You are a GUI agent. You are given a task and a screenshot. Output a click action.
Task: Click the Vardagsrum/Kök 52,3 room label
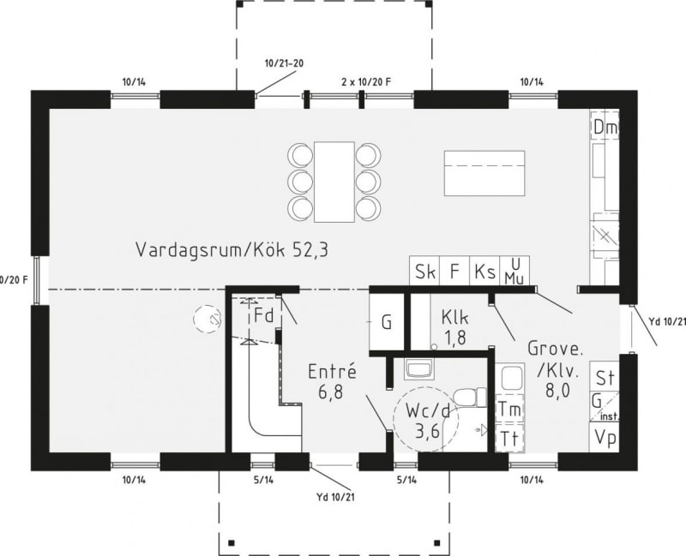pos(232,249)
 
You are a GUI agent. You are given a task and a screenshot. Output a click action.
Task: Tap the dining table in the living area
pos(334,182)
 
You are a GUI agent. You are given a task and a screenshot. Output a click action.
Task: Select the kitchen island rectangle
pos(484,173)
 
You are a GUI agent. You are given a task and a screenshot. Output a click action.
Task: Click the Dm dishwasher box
pos(605,127)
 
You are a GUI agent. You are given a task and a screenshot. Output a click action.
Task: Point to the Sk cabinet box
pos(424,272)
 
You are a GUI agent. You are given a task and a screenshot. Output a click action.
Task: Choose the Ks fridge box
pos(484,272)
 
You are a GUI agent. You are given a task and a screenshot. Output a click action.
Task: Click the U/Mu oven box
pos(514,272)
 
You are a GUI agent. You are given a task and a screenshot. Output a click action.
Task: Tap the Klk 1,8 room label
pos(455,326)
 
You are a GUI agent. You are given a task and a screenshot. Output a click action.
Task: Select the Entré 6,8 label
pos(332,381)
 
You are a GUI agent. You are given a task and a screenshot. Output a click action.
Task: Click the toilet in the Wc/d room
pos(470,398)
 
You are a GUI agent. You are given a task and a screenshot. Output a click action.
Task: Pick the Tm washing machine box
pos(510,409)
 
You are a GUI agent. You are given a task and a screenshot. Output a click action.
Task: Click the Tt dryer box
pos(510,438)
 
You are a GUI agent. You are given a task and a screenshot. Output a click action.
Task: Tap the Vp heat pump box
pos(605,437)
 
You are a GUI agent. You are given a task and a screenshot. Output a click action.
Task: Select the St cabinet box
pos(605,376)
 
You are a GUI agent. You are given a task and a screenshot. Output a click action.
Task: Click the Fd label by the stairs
pos(263,314)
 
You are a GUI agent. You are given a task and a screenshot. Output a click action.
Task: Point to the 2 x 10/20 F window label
pos(366,81)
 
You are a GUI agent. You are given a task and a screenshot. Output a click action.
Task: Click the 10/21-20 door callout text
pos(284,63)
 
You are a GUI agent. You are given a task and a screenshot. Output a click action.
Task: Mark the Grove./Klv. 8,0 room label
pos(556,369)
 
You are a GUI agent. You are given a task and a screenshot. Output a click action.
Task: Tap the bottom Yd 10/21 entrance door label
pos(335,497)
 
